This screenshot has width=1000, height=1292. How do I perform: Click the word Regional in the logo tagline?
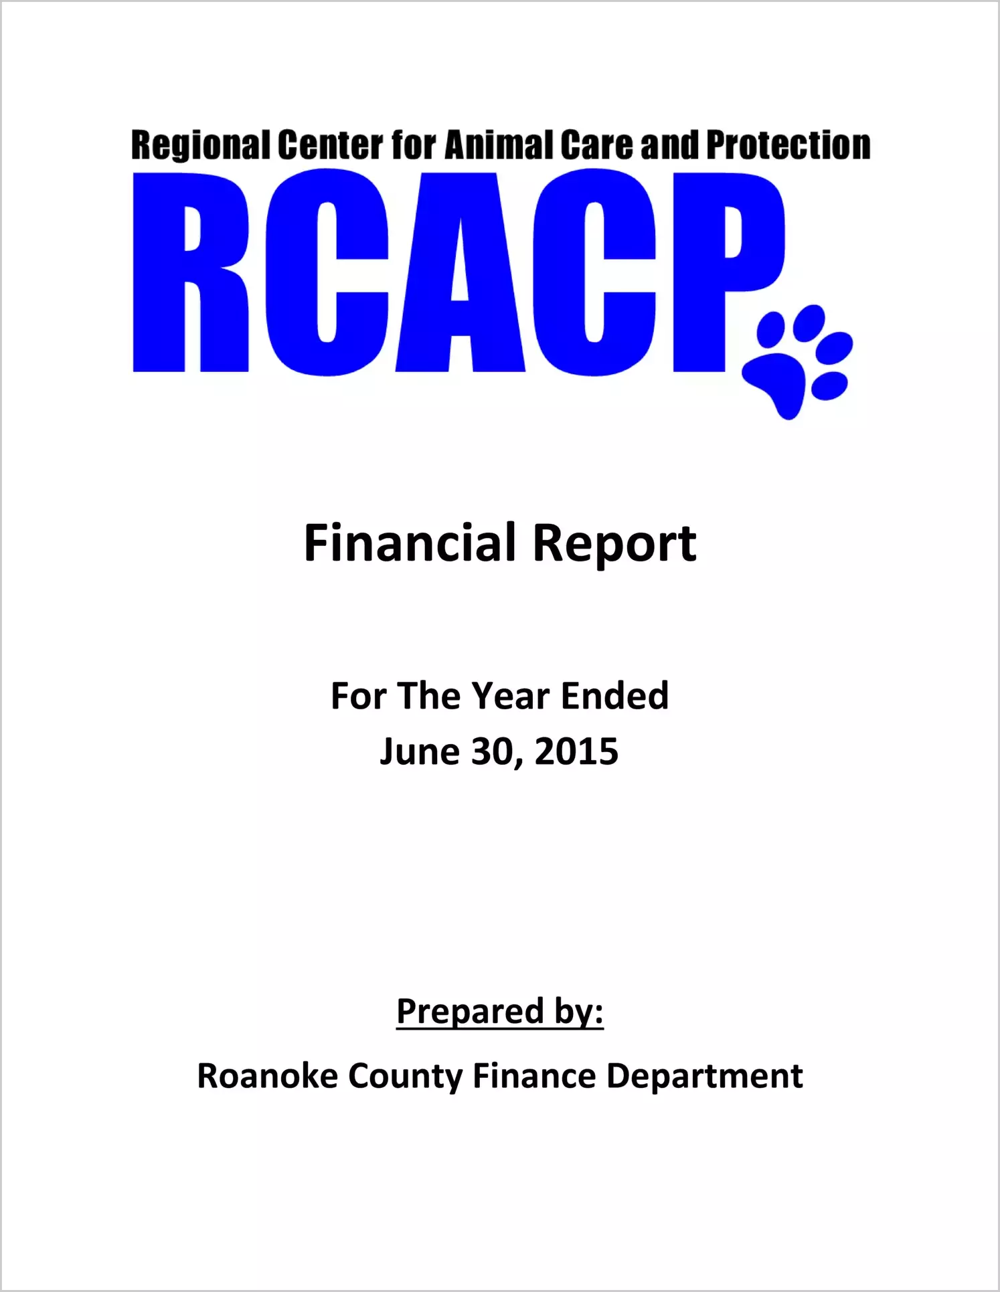(199, 146)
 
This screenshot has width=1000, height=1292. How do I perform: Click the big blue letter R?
(191, 272)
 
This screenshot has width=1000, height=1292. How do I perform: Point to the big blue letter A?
(461, 272)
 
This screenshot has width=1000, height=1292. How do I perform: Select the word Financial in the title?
(410, 543)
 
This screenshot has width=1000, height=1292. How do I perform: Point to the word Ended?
(614, 696)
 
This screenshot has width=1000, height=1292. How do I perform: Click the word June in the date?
(419, 752)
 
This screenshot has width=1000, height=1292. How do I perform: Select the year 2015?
(576, 752)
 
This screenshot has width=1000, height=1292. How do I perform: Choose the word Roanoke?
(267, 1077)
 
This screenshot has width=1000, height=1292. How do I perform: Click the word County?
(405, 1077)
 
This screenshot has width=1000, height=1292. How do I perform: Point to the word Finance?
(534, 1077)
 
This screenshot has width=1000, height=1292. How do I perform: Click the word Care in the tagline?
(597, 145)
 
